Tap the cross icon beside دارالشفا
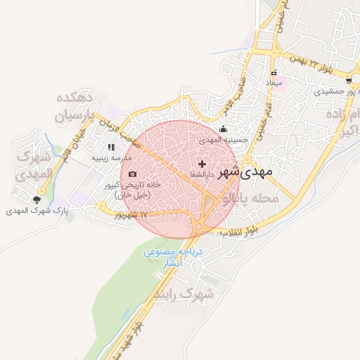202,164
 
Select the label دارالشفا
202,174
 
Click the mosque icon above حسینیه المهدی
224,129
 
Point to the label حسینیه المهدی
224,140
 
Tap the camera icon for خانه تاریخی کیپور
133,174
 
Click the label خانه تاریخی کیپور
133,188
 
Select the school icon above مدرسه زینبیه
110,148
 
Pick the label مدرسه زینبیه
110,158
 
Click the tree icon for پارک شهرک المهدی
37,200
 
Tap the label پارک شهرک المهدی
37,210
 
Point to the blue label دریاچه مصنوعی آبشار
173,257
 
